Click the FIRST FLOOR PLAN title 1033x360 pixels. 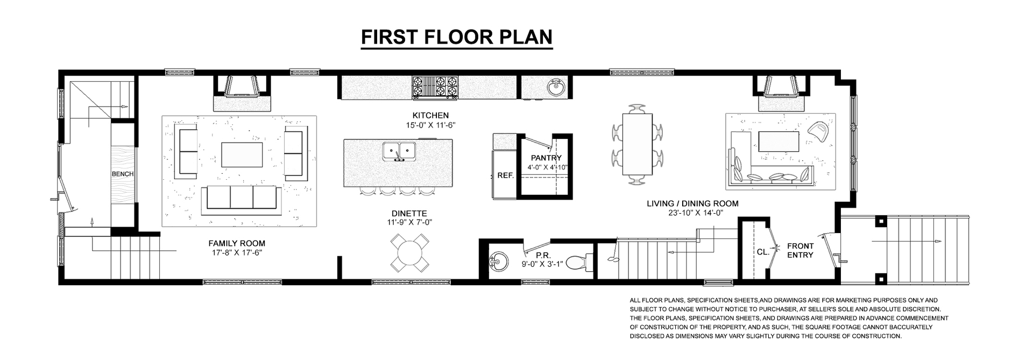pos(456,37)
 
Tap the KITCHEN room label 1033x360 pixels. pos(430,115)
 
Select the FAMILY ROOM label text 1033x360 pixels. pos(237,243)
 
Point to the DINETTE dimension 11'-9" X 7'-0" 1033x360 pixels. pos(410,222)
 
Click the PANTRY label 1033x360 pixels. pos(546,158)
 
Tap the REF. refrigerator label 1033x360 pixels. pos(505,175)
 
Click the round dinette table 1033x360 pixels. pos(410,252)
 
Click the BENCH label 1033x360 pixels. pos(123,174)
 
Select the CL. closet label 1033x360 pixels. pos(762,251)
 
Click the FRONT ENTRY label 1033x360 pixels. pos(800,250)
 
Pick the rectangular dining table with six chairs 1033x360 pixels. pos(638,144)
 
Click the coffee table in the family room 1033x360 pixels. pos(242,155)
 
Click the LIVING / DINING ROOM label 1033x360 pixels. pos(692,203)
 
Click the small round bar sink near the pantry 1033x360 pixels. pos(556,87)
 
